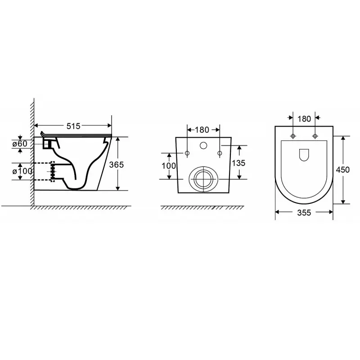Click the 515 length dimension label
point(73,126)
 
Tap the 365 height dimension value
point(117,165)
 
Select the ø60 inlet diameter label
point(20,144)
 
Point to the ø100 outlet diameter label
point(22,171)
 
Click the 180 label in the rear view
point(202,130)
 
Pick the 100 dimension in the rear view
point(169,166)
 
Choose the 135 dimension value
point(238,163)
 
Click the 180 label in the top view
point(304,119)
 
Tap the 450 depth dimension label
point(343,170)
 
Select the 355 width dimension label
point(304,213)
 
